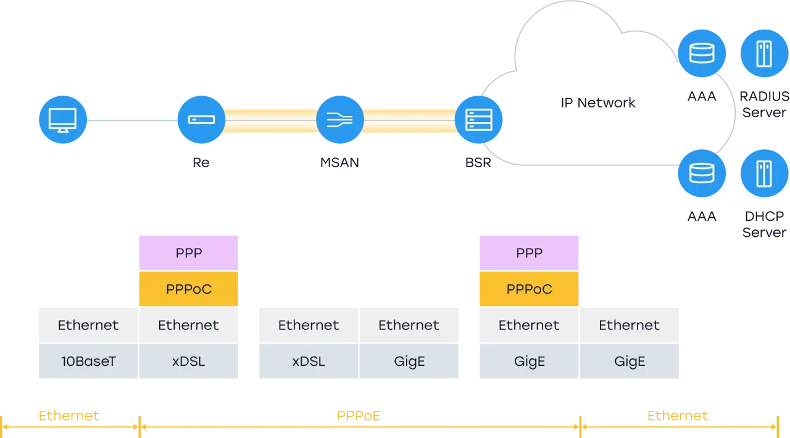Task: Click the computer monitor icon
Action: (x=63, y=120)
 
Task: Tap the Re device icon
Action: (x=201, y=120)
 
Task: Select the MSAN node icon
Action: (x=340, y=120)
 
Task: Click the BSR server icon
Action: (x=478, y=120)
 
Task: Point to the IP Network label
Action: (x=598, y=103)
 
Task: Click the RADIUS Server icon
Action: (x=764, y=53)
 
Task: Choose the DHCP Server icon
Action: (x=764, y=173)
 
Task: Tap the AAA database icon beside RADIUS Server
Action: (x=702, y=53)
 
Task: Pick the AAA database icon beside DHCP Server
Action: (x=702, y=173)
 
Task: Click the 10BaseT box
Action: (x=88, y=361)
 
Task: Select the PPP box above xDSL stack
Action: (x=189, y=253)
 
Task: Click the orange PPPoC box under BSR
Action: (x=529, y=289)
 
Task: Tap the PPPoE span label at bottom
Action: (x=359, y=416)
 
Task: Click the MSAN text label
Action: (x=339, y=163)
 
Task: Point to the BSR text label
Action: (x=478, y=163)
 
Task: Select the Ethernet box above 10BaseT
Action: (x=88, y=325)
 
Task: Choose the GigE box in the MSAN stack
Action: (x=409, y=361)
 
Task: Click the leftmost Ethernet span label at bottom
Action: (x=69, y=416)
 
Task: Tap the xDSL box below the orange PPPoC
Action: (x=189, y=361)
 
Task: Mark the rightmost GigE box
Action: (x=630, y=361)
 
